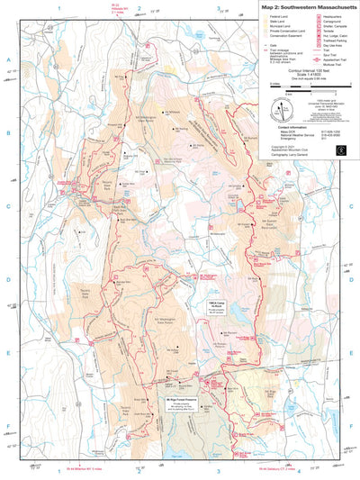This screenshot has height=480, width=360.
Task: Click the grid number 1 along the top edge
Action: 58,6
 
